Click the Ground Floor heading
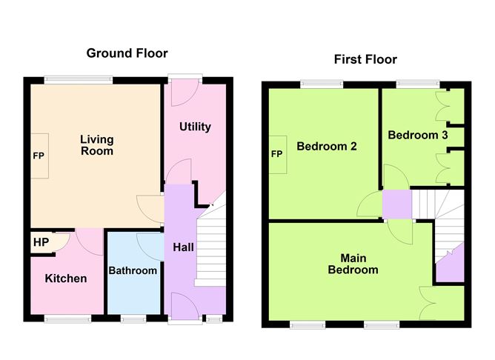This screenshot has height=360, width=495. click(x=127, y=53)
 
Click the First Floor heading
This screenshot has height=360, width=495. click(x=365, y=59)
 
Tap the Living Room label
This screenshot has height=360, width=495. click(x=97, y=145)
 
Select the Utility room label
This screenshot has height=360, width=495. click(x=195, y=127)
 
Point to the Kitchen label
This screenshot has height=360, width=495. click(x=66, y=279)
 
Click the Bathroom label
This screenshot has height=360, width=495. click(x=133, y=270)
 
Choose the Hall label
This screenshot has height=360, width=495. click(x=183, y=247)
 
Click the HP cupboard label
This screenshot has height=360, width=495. click(x=40, y=241)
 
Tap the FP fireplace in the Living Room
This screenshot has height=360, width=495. click(x=39, y=156)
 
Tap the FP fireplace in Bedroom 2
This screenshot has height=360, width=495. click(x=277, y=154)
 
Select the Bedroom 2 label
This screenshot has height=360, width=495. click(x=327, y=147)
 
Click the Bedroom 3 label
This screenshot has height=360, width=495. click(x=418, y=136)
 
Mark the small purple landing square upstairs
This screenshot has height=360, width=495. click(x=396, y=204)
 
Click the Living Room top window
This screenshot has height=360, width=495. click(x=78, y=79)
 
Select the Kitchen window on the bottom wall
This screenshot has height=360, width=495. click(x=67, y=319)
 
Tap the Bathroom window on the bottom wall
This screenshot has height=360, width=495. click(x=133, y=319)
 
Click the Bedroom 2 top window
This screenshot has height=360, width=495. click(x=321, y=84)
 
